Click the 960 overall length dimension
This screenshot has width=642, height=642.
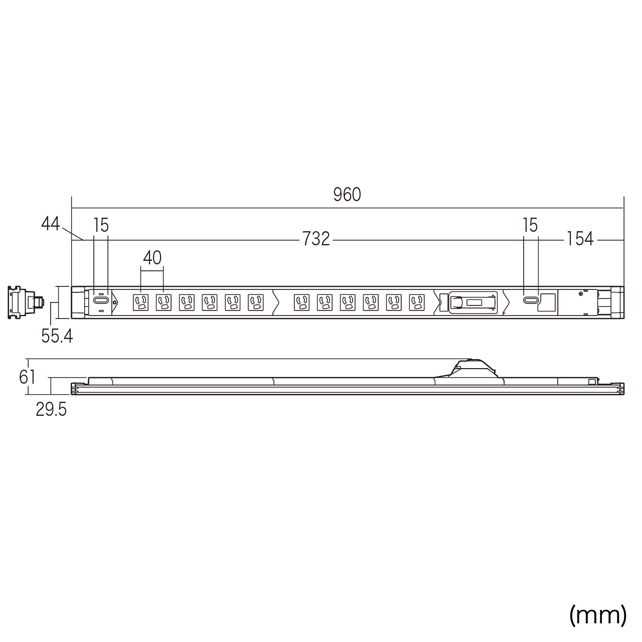[347, 195]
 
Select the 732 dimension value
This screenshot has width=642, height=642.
[316, 239]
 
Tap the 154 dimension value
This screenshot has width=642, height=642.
[580, 239]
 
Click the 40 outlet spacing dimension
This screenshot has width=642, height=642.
[152, 258]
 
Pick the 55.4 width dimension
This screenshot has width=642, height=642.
[57, 336]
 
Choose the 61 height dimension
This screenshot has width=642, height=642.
[27, 378]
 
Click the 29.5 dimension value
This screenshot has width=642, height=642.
[51, 410]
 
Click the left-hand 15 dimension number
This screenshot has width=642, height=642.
[101, 225]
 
